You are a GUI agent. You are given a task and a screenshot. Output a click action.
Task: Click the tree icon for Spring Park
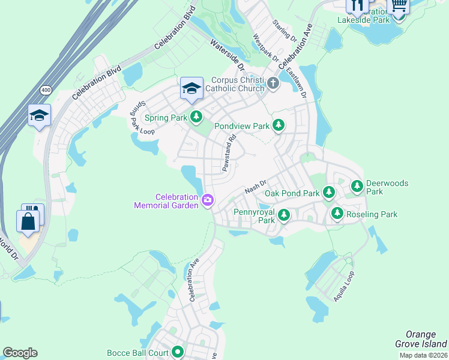point(196,117)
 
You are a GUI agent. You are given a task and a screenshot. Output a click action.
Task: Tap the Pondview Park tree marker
point(278,125)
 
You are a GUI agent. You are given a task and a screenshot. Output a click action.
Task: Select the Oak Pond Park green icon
point(328,193)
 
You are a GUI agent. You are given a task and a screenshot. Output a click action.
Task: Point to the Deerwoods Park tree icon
point(357,186)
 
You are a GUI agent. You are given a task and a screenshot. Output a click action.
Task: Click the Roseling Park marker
point(337,213)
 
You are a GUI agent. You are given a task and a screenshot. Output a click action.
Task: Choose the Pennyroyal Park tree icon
point(284,214)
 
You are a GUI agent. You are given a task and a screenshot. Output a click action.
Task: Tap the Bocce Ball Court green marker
point(177,352)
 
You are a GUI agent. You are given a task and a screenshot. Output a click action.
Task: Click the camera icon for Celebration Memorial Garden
point(208,200)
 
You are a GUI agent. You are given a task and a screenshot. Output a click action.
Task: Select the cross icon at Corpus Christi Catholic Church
point(273,83)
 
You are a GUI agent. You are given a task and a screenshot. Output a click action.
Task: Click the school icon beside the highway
point(39,116)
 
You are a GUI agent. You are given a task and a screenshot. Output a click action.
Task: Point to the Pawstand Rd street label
point(228,152)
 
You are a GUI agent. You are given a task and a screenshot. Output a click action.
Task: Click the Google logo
point(20,352)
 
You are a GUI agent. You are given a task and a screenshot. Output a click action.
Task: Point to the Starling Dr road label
point(285,29)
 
